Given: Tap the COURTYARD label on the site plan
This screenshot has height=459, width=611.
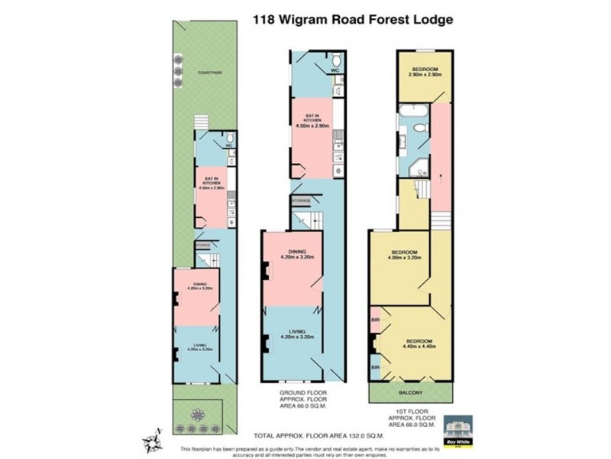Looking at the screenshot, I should click(x=209, y=72).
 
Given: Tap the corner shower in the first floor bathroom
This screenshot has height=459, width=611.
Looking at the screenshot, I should click(x=419, y=168).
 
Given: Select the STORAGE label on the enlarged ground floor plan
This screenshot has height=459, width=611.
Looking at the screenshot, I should click(x=302, y=200).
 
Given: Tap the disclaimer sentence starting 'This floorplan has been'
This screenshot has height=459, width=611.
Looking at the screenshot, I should click(x=308, y=448).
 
